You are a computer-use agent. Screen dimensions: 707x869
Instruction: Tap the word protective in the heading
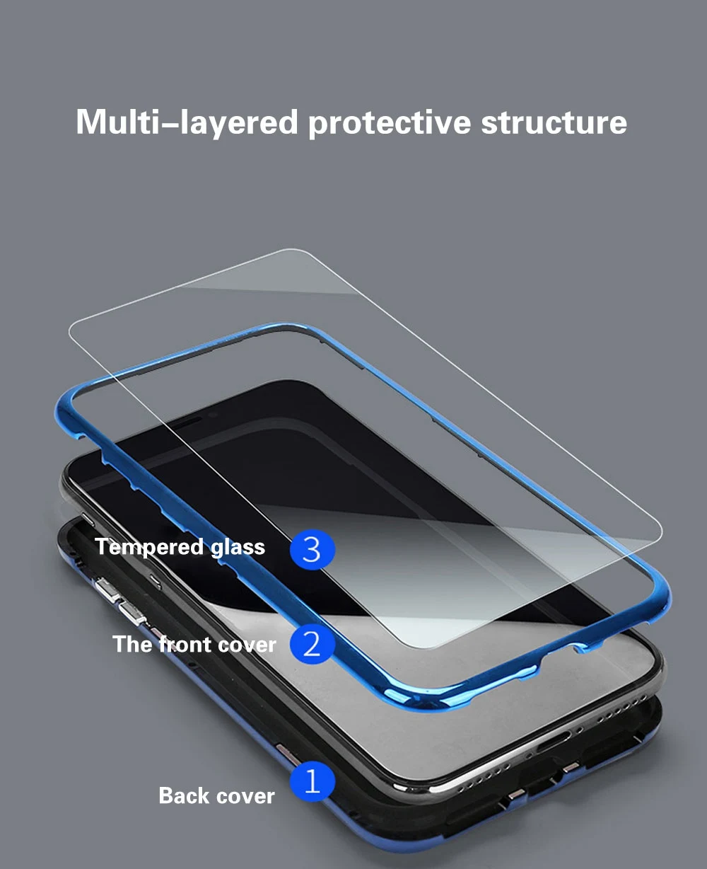click(390, 123)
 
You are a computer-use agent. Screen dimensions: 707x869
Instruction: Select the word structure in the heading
click(554, 122)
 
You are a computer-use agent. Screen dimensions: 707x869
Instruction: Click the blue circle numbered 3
click(312, 549)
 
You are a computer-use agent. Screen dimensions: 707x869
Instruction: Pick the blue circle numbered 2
click(312, 643)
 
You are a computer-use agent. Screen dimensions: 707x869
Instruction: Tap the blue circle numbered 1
click(312, 781)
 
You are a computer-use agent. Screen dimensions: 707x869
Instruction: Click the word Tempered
click(149, 548)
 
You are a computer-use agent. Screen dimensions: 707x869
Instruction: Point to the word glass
click(238, 548)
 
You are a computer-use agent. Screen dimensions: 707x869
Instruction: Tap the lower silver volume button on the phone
click(132, 612)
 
